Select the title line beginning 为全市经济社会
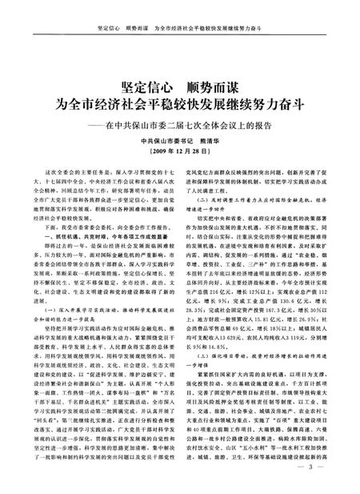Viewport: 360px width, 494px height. pos(179,104)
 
